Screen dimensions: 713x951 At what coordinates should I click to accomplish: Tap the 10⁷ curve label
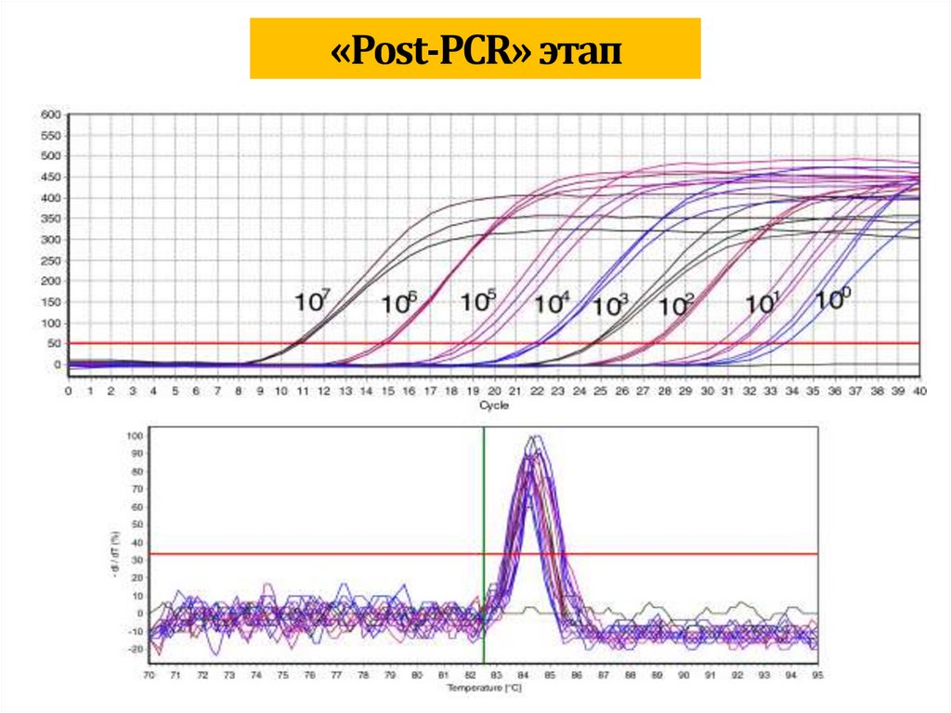(311, 301)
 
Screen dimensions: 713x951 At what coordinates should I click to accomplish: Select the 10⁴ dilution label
(552, 303)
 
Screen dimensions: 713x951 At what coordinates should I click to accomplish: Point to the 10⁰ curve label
(833, 299)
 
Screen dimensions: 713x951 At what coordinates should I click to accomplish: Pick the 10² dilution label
(676, 304)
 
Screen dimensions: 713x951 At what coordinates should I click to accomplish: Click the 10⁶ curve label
(398, 303)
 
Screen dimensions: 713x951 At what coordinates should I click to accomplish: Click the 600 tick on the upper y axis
(49, 114)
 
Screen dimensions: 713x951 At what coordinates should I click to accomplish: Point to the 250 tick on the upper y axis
(49, 260)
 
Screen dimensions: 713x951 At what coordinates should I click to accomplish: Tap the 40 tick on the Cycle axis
(919, 392)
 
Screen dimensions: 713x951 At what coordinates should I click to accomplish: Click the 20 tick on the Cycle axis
(493, 392)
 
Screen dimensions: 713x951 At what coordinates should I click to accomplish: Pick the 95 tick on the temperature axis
(817, 676)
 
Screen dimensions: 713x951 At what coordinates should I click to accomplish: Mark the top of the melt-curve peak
(532, 437)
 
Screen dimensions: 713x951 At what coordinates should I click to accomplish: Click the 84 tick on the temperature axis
(523, 676)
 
